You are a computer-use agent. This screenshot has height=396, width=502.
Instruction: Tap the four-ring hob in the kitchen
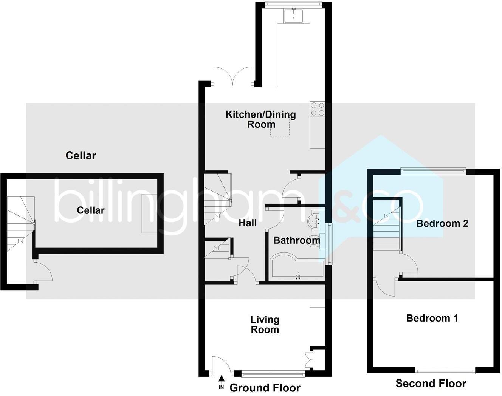point(317,109)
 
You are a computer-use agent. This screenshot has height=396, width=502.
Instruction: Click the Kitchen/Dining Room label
point(261,119)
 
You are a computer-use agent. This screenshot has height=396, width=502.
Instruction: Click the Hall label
point(248,223)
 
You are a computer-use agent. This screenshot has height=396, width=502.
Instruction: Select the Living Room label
point(265,325)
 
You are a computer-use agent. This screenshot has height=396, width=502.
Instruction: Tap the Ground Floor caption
point(265,388)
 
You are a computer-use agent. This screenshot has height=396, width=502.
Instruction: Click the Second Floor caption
point(431,384)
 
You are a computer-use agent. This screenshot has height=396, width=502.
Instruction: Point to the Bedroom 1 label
point(432,318)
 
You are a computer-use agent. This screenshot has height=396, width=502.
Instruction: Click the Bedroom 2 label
point(442,223)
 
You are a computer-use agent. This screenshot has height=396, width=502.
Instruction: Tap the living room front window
point(273,374)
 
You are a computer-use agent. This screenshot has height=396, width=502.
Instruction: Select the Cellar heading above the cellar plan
point(81,155)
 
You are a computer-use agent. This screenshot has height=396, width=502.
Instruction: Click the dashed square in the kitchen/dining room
point(280,127)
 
